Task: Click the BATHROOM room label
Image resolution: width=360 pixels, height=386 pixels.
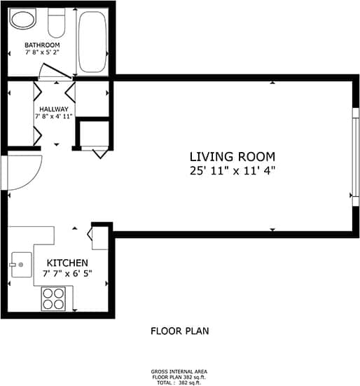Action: tap(42, 45)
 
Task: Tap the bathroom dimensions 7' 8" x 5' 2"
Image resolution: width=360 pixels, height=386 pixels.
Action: tap(42, 53)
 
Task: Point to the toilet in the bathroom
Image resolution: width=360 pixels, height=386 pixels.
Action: tap(56, 25)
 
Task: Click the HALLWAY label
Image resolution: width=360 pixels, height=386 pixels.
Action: tap(53, 109)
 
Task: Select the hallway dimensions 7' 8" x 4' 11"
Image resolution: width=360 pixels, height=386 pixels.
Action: tap(53, 117)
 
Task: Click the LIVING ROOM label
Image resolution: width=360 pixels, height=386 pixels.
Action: tap(233, 156)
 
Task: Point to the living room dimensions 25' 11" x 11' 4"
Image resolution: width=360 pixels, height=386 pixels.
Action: tap(233, 170)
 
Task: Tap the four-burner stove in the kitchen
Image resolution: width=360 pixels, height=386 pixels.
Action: tap(53, 299)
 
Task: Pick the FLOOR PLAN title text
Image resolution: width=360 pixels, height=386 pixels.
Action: tap(179, 331)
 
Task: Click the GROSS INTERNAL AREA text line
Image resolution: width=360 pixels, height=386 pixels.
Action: tap(179, 371)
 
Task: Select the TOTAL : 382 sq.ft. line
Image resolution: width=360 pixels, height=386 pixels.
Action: tap(179, 382)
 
